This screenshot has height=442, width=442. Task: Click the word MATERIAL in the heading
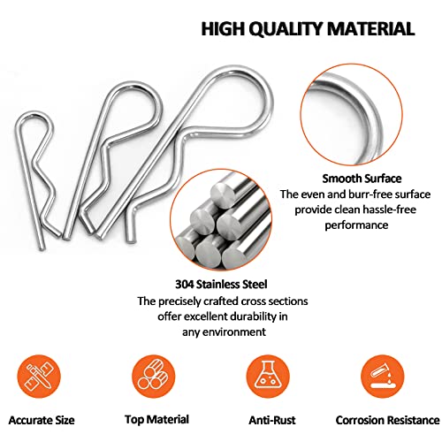pos(372,28)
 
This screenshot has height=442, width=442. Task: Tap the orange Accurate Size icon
pos(39,377)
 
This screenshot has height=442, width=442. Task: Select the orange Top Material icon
pos(153,377)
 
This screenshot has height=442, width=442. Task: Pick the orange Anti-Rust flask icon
pos(268,377)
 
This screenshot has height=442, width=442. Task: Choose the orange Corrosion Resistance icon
pos(383,377)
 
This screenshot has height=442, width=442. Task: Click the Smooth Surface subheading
pos(362,179)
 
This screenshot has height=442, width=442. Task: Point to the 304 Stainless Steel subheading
pos(221,285)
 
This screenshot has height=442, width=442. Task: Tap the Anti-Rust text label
pos(272,420)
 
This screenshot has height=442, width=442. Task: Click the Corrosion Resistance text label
pos(387,420)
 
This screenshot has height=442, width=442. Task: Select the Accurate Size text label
pos(42,420)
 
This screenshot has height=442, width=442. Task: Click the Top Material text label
pos(156,420)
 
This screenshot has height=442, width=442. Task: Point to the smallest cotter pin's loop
pos(34,116)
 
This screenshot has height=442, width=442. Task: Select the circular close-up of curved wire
pos(352,114)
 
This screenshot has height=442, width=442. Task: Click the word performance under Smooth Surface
pos(356,225)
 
